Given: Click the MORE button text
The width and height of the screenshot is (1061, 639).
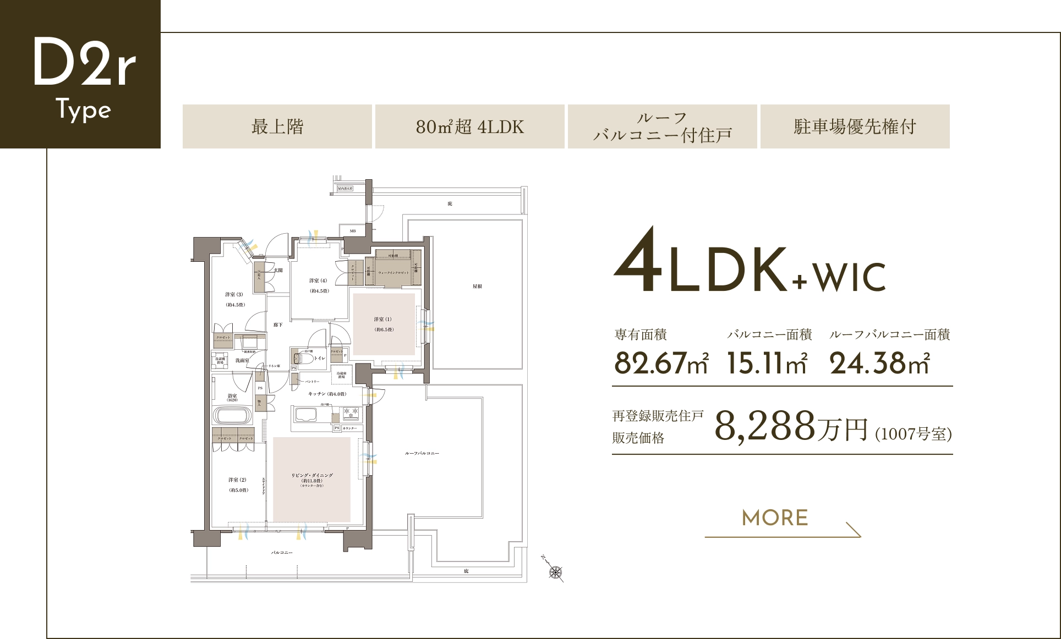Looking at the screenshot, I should click(775, 518).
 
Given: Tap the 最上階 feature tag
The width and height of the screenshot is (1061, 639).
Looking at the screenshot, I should click(277, 126).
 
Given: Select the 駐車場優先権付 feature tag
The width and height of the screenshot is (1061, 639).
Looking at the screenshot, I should click(855, 126).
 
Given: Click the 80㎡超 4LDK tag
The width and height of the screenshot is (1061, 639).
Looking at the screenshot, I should click(469, 126).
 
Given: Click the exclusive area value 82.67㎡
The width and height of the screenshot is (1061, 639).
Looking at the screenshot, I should click(661, 363).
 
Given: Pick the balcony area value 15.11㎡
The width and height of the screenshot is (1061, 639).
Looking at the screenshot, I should click(767, 363).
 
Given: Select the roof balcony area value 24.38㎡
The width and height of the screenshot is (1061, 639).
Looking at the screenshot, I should click(879, 363).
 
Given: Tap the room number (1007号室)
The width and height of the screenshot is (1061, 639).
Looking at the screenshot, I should click(914, 434).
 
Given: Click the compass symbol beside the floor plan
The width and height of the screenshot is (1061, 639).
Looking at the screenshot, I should click(556, 572).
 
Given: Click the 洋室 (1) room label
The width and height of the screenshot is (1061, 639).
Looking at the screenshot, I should click(383, 319).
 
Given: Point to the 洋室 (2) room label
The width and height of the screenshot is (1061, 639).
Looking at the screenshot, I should click(238, 480).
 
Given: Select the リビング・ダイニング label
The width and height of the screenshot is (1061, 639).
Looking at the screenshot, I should click(312, 475).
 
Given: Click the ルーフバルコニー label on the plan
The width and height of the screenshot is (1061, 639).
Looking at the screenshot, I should click(422, 453).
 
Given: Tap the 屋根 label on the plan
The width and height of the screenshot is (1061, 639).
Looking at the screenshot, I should click(477, 287).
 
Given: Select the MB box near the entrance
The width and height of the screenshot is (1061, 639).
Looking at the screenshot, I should click(353, 231).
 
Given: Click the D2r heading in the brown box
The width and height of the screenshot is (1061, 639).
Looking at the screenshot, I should click(84, 62).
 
